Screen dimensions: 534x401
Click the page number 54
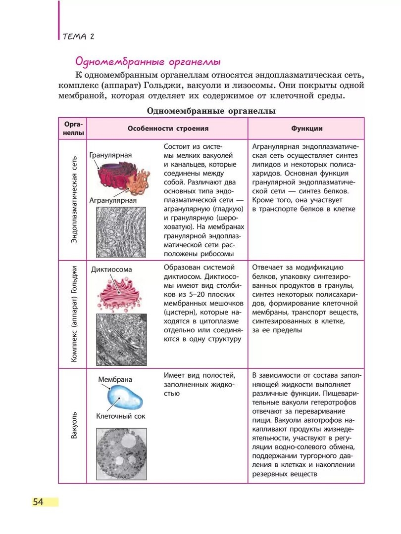pos(38,502)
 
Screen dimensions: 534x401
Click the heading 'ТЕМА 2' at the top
pos(78,37)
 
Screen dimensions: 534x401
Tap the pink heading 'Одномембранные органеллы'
pos(147,62)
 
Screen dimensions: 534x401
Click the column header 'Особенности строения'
pos(168,129)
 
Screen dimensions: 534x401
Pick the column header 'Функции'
pos(306,129)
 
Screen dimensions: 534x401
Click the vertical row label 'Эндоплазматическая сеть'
pos(74,200)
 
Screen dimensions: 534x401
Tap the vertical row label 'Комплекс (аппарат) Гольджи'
pos(74,314)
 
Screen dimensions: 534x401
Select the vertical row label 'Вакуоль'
pos(74,425)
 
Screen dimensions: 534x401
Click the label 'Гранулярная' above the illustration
pos(110,155)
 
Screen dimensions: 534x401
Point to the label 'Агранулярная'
pos(113,200)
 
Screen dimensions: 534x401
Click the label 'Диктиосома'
pos(111,269)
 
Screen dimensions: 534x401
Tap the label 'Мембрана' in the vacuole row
pos(115,379)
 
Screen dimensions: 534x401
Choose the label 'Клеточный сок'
pos(120,416)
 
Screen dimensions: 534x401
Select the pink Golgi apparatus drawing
pos(121,295)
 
